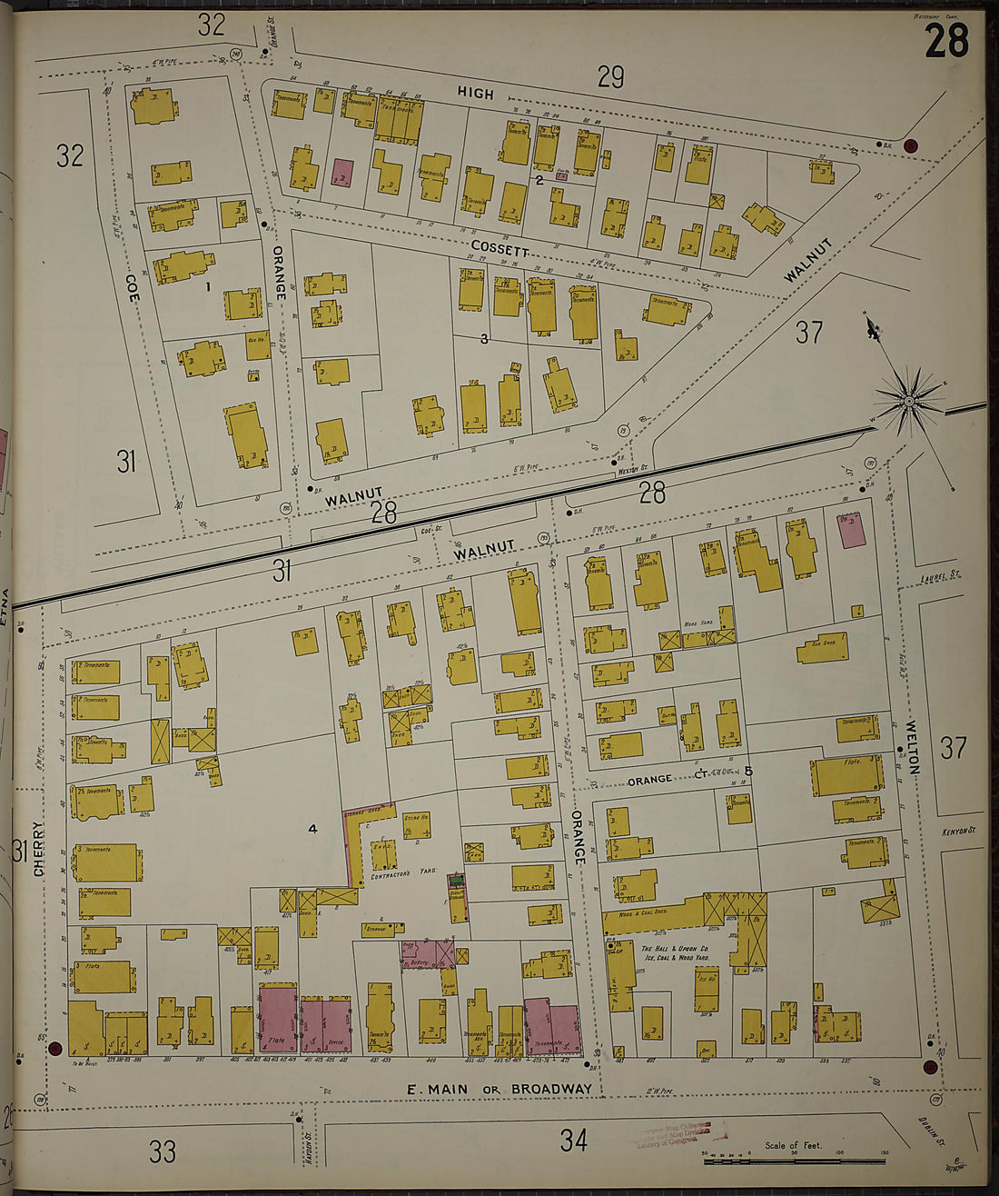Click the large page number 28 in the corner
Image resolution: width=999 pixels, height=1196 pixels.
tap(946, 41)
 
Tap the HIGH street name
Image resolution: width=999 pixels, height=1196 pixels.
tap(475, 94)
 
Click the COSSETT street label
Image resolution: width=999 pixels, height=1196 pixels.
tap(499, 248)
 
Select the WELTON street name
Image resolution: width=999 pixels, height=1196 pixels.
tap(913, 747)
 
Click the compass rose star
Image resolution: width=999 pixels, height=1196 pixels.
tap(909, 400)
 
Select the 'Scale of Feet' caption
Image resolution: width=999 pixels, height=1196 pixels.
tap(792, 1145)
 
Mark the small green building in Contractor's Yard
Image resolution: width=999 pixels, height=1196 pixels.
tap(456, 879)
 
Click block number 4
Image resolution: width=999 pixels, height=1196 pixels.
tap(312, 828)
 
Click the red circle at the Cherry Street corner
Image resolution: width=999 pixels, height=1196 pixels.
tap(54, 1048)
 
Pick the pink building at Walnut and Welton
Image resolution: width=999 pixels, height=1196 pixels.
tap(851, 529)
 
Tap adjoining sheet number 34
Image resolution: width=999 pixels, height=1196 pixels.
tap(573, 1140)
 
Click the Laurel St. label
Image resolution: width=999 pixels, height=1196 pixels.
tap(940, 576)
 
